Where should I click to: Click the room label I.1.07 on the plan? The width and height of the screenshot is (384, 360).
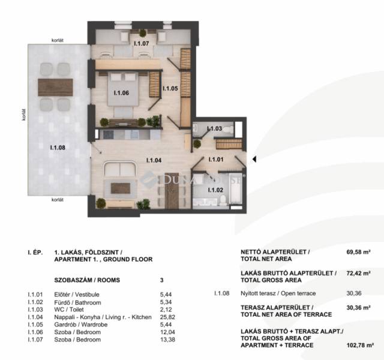[142, 44]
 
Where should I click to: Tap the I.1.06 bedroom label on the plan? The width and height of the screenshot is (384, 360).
[121, 93]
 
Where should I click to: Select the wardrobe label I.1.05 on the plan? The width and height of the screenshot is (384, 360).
[170, 88]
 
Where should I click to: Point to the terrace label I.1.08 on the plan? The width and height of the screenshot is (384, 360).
[58, 148]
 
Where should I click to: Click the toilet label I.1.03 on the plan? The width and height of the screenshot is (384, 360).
[215, 128]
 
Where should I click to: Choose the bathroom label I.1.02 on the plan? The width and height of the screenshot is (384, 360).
[215, 190]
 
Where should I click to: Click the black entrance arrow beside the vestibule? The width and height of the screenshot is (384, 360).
[254, 159]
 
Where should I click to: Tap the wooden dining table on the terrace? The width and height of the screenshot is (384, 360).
[55, 87]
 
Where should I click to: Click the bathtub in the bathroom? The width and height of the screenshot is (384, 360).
[236, 188]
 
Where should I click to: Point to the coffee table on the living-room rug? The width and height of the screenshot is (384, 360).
[120, 188]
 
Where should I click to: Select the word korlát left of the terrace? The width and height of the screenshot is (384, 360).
[24, 115]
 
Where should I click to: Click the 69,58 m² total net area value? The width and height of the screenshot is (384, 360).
[358, 252]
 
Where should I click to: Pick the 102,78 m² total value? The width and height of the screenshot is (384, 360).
[360, 346]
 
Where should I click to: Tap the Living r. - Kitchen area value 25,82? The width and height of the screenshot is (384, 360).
[167, 317]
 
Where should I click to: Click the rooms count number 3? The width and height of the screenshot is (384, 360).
[161, 280]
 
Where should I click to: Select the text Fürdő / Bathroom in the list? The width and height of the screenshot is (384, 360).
[77, 302]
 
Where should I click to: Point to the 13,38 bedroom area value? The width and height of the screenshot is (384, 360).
[167, 340]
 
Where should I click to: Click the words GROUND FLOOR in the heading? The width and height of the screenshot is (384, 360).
[128, 259]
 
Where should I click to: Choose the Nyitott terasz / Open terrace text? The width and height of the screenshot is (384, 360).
[278, 293]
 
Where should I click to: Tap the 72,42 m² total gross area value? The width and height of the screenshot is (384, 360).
[358, 274]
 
